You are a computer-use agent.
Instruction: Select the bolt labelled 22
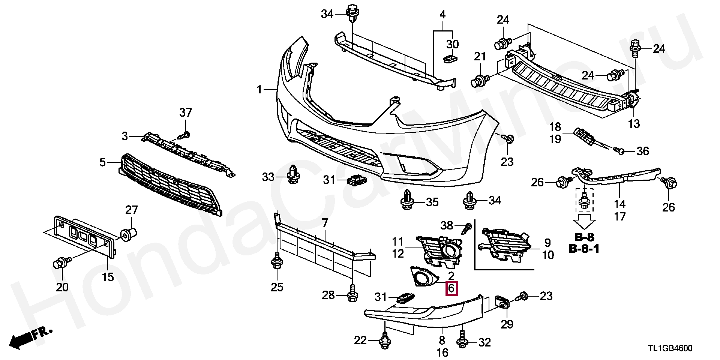384,340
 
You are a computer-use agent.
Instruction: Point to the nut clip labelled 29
501,301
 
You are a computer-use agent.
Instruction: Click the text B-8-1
584,248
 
